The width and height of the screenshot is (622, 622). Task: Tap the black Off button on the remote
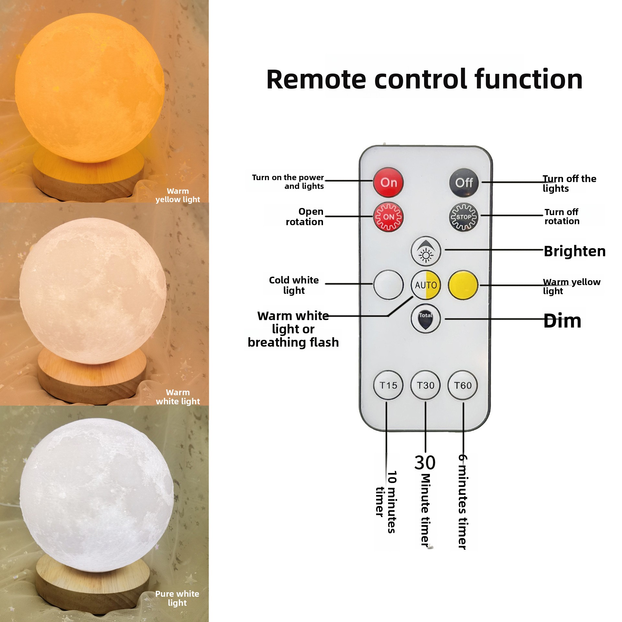coord(464,183)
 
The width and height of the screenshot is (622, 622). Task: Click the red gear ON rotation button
coord(388,217)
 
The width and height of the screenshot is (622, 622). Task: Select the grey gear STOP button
coord(463,217)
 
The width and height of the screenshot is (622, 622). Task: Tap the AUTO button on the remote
coord(426,285)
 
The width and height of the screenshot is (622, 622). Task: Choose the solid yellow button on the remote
coord(463,285)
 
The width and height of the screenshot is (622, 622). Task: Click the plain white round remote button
coord(388,285)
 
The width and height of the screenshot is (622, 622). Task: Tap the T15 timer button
coord(388,385)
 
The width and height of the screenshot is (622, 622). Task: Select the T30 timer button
coord(425,385)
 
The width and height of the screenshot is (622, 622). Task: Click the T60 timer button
coord(463,385)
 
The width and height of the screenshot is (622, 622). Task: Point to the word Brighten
coord(574,251)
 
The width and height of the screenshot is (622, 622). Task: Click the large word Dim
coord(562,321)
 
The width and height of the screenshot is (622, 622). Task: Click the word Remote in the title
coord(316,80)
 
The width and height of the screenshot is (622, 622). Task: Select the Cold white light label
coord(294,285)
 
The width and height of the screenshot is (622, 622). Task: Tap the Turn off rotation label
coord(562,217)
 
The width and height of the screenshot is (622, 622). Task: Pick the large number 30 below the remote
coord(425,463)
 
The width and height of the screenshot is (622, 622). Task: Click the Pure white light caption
coord(177,598)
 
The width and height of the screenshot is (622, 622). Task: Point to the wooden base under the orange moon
coord(87,175)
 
